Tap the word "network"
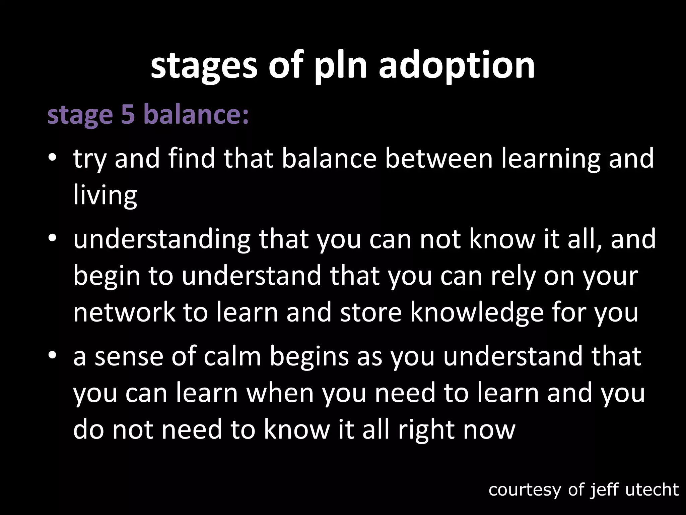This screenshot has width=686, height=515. click(124, 312)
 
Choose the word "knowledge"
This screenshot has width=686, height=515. click(476, 312)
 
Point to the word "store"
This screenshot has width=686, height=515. click(370, 312)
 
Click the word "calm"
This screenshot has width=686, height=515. click(232, 356)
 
